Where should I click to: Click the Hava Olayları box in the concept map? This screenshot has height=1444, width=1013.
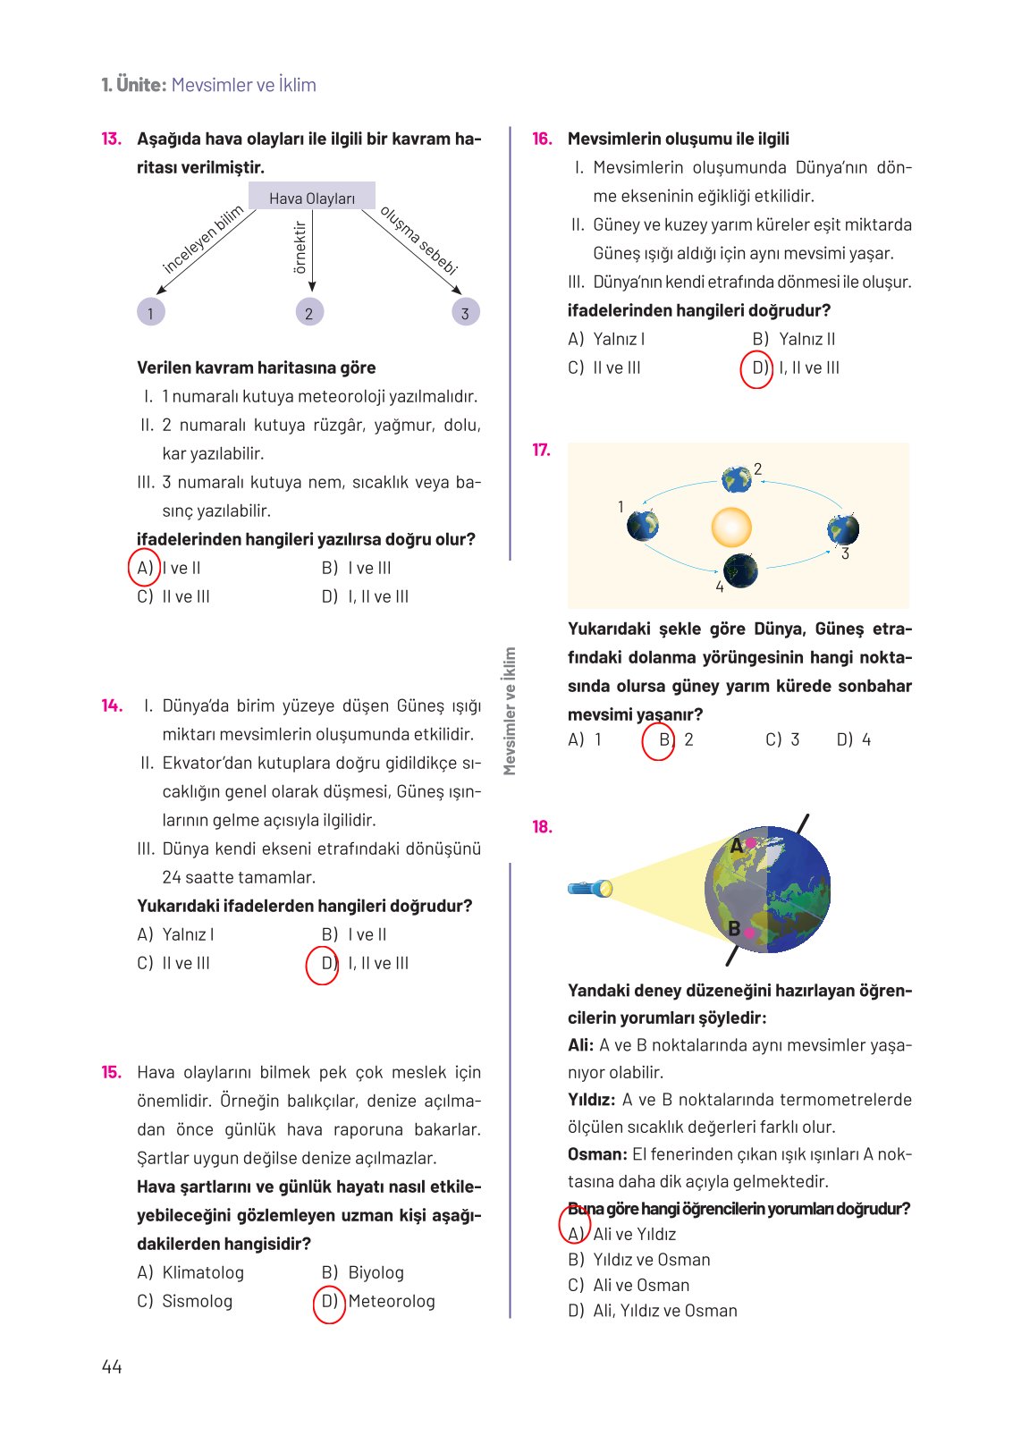312,198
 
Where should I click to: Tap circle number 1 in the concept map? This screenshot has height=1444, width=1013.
150,313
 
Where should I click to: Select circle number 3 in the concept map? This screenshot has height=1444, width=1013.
465,313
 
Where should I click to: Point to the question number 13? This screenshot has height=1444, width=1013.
111,139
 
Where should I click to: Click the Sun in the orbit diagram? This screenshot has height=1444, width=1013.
730,527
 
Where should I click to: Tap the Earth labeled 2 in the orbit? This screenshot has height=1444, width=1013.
737,479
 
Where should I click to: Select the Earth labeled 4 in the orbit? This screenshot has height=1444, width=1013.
740,569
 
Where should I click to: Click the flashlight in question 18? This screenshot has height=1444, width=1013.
590,888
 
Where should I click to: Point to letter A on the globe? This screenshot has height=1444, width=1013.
737,846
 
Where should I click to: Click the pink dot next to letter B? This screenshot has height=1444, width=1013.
749,933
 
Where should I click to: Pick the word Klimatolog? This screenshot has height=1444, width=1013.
203,1272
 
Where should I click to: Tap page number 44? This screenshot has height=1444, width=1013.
112,1366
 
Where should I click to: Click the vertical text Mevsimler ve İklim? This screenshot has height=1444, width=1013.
510,711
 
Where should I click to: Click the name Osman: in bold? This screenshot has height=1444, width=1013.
597,1154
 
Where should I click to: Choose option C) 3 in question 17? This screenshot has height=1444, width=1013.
782,739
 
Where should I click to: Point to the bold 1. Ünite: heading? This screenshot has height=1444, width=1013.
134,85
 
